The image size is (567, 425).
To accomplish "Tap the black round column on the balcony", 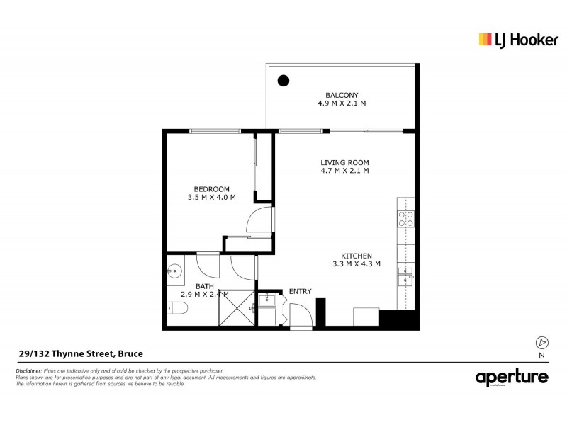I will pos(283,80).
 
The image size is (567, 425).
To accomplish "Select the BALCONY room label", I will pos(342,94).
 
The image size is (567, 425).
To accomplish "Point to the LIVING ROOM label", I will pos(344,162).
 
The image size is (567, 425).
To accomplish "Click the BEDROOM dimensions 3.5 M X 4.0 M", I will pos(212,197).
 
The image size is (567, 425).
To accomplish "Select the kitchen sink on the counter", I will pos(405,275).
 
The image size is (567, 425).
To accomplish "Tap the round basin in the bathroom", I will pos(174,270).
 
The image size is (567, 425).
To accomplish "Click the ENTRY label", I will pos(300,291).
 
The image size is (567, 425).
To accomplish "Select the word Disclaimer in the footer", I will pos(28,371).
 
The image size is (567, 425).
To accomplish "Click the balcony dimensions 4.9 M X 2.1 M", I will pos(342,103).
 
